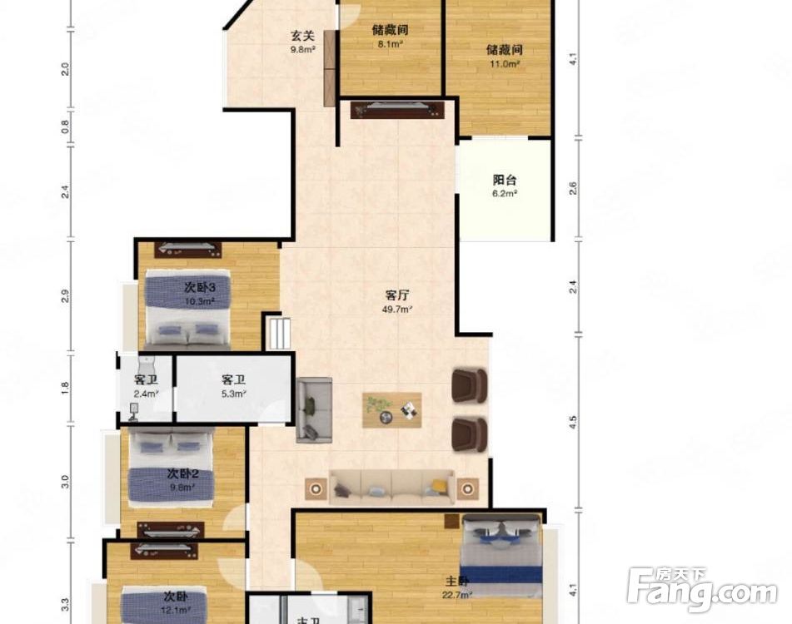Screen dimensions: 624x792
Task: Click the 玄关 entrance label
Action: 302,42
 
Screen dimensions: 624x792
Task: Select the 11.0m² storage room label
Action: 504,55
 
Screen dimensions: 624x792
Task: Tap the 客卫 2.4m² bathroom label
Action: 146,386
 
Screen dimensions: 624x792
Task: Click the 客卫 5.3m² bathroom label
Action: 233,386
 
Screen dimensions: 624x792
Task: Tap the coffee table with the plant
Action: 391,409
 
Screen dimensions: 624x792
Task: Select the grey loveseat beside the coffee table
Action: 314,409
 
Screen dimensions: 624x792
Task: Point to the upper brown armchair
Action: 469,384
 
